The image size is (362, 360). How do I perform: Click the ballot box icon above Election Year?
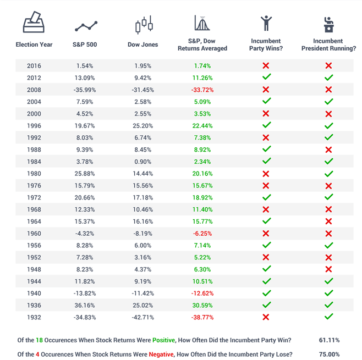click(x=34, y=23)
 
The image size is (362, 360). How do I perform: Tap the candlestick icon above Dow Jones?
click(x=144, y=25)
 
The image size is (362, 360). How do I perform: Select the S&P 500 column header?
click(x=85, y=45)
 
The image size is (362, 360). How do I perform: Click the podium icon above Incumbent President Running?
click(x=328, y=24)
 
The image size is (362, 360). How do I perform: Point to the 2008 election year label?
click(x=34, y=90)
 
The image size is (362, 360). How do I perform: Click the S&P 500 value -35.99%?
click(x=85, y=90)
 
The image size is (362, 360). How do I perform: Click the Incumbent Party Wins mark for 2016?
click(x=266, y=66)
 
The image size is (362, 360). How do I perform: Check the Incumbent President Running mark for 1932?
click(x=328, y=317)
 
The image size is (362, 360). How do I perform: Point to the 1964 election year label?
click(x=34, y=221)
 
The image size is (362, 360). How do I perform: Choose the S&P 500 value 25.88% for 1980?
click(x=85, y=174)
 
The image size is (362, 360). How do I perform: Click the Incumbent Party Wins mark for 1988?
click(x=266, y=149)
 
